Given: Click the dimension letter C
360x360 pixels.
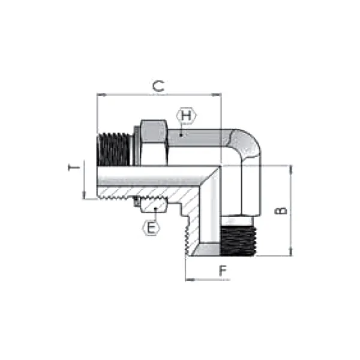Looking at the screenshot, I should pyautogui.click(x=158, y=86).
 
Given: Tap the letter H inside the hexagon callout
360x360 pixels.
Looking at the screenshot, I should pyautogui.click(x=187, y=115).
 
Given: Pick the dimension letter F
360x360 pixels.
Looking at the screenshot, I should pyautogui.click(x=223, y=271).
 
